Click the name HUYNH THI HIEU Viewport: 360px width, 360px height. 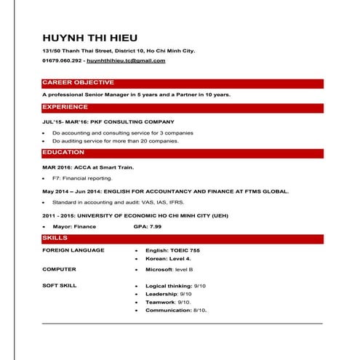(x=89, y=38)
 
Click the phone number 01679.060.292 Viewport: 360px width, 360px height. (x=61, y=61)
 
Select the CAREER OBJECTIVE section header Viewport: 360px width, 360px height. (x=78, y=83)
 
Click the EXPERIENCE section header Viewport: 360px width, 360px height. (x=65, y=107)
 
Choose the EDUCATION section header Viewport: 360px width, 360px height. (x=63, y=152)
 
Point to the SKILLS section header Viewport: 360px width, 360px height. (x=55, y=238)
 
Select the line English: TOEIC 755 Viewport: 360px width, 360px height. (x=172, y=250)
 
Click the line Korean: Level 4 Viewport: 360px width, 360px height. (x=168, y=258)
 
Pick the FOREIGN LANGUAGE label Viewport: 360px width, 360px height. (x=73, y=250)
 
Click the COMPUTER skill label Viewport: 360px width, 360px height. (x=59, y=268)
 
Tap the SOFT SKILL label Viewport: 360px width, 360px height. (x=59, y=286)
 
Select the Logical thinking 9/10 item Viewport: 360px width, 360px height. (x=175, y=286)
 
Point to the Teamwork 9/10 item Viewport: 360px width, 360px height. (x=168, y=302)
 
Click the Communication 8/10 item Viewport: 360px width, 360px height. (x=176, y=310)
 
